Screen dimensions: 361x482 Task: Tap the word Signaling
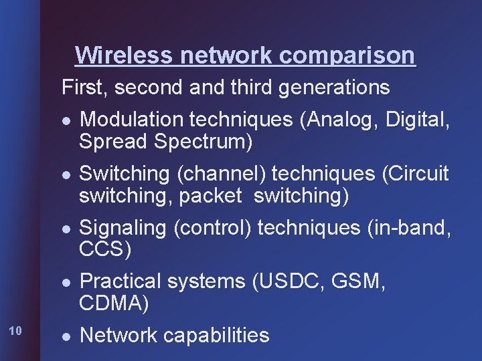pyautogui.click(x=124, y=228)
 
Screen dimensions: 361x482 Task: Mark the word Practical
pyautogui.click(x=121, y=281)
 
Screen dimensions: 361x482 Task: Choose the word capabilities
pyautogui.click(x=214, y=335)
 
